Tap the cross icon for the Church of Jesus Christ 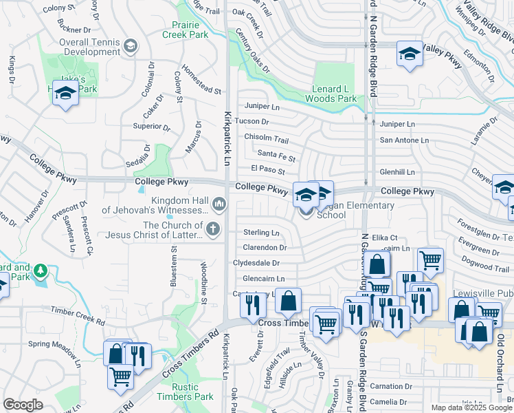coord(214,229)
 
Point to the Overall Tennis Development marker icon coord(131,46)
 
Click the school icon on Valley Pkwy coord(409,54)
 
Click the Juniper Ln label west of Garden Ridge coord(262,107)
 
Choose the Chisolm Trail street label coord(271,138)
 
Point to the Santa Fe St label coord(276,158)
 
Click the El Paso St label coord(268,169)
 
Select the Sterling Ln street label coord(262,233)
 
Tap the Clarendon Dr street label coord(265,247)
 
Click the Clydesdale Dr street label coord(257,263)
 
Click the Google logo coord(23,405)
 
